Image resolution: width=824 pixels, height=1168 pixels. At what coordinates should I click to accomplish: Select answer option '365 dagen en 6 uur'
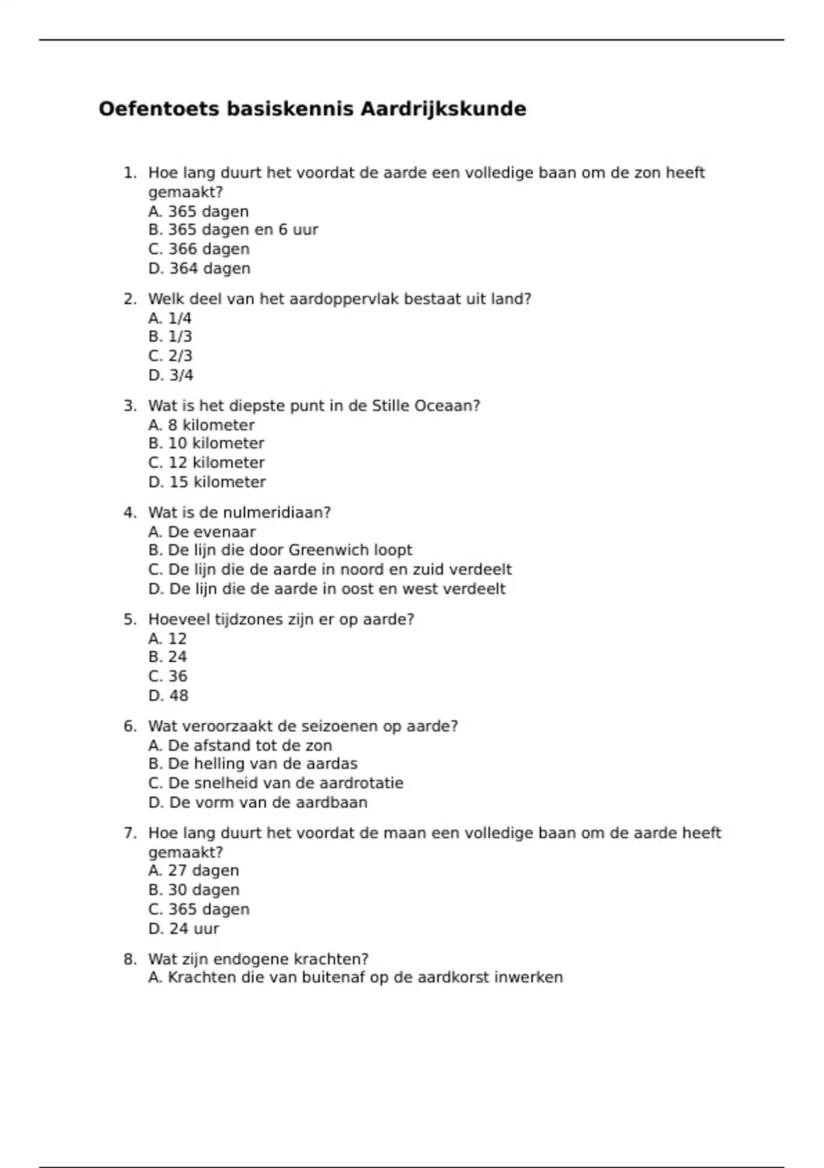click(233, 230)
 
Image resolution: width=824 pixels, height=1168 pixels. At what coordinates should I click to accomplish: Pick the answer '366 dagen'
click(198, 249)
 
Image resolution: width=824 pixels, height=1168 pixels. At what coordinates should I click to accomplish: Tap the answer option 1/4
click(170, 318)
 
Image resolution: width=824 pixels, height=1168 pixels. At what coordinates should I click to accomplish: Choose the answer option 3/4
click(170, 375)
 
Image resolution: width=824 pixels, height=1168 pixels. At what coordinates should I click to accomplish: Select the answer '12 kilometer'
click(206, 463)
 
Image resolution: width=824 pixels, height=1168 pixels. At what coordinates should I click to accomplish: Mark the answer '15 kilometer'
click(207, 482)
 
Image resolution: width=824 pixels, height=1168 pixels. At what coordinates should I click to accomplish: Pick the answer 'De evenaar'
click(202, 532)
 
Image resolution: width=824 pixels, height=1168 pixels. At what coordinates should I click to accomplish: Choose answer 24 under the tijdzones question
click(168, 658)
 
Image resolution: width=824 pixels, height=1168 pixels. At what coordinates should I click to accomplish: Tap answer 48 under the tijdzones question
click(168, 696)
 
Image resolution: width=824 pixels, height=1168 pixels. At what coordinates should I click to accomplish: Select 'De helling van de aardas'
click(253, 764)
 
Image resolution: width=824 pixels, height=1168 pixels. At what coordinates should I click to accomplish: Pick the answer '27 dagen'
click(194, 871)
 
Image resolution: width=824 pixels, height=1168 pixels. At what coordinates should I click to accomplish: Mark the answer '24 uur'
click(183, 929)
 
